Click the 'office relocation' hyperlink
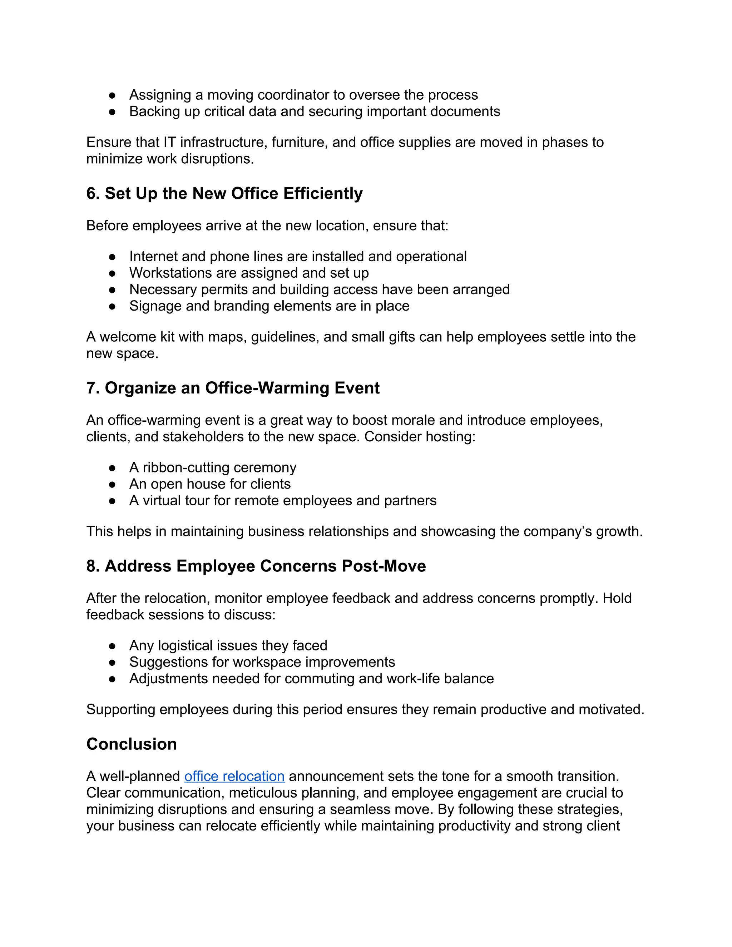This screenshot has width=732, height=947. coord(234,776)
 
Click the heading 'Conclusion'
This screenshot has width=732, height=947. coord(132,744)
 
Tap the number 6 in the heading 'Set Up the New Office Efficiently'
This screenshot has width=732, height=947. coord(91,193)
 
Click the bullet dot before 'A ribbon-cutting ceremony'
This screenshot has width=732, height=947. coord(112,468)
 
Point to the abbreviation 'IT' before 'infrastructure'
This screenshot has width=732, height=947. coord(169,142)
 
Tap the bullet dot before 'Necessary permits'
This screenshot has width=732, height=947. coord(112,290)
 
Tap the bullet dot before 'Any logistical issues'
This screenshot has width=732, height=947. coord(112,646)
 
